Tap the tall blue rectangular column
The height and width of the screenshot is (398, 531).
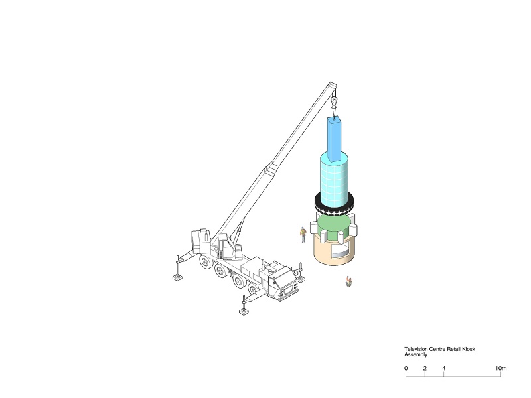tap(335, 139)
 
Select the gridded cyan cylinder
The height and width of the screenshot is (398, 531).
tap(335, 179)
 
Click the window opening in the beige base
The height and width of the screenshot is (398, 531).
tap(340, 251)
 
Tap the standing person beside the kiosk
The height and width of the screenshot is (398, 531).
tap(303, 235)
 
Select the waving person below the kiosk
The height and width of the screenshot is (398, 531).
tap(348, 281)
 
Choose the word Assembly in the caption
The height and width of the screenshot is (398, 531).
tap(416, 354)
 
